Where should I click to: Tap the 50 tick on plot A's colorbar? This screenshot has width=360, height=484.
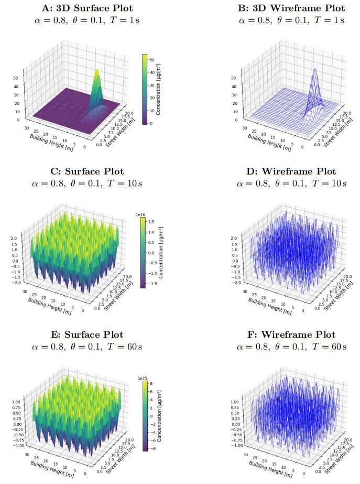154,60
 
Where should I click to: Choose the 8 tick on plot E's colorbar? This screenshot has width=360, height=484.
154,384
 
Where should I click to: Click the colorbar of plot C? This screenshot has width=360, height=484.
145,253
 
